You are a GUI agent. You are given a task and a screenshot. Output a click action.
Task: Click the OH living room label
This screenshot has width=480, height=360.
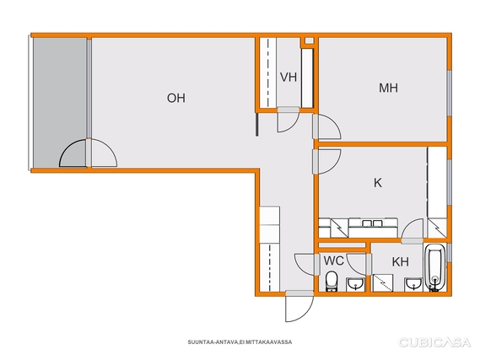[x=176, y=98]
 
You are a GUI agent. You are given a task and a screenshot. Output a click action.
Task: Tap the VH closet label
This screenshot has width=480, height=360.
[x=289, y=77]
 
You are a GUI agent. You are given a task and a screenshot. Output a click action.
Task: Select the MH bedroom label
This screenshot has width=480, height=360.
[x=388, y=88]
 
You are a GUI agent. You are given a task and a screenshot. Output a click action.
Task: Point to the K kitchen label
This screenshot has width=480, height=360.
[x=378, y=183]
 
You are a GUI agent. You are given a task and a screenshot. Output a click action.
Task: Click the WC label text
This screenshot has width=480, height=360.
[x=334, y=261]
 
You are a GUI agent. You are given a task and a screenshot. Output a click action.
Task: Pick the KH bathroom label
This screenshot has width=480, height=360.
[x=401, y=262]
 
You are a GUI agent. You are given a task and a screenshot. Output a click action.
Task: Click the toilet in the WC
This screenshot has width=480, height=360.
[x=332, y=282]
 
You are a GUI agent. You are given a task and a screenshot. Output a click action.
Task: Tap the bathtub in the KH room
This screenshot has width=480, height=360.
[x=434, y=267]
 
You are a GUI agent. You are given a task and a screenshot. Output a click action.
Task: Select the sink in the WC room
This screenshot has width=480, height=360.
[x=355, y=284]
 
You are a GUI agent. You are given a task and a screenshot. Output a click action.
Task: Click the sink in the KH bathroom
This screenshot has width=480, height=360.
[x=413, y=284]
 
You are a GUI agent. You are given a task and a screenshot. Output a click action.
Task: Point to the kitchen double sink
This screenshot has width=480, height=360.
[x=372, y=223]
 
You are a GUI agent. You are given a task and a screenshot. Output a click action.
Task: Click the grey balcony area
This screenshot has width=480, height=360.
[x=59, y=103]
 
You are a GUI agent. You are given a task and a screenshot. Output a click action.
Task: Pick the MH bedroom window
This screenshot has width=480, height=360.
[x=449, y=94]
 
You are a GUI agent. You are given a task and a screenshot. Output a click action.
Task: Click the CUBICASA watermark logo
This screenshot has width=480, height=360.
[x=434, y=342]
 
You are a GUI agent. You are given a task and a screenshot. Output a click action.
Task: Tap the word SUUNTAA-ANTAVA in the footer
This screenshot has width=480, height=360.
[x=213, y=342]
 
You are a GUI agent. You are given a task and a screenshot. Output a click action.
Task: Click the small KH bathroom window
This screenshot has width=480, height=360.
[x=449, y=253]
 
